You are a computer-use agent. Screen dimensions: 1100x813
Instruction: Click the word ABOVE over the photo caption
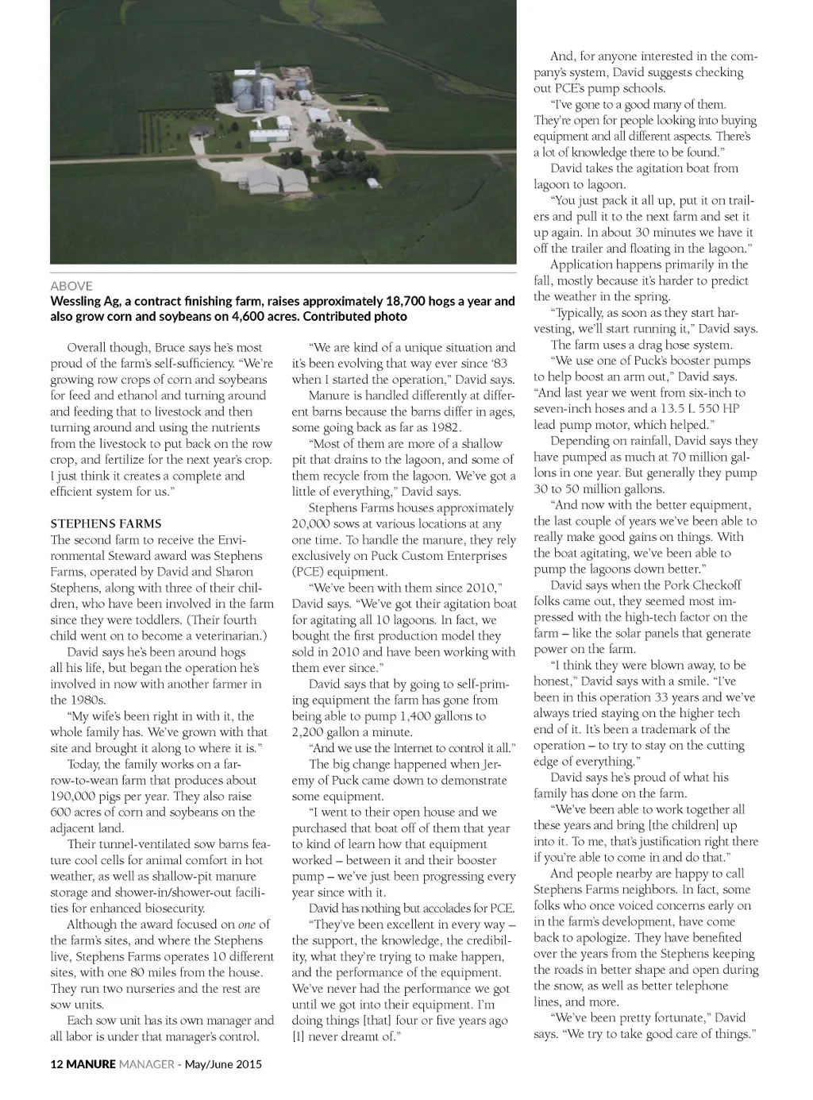click(71, 286)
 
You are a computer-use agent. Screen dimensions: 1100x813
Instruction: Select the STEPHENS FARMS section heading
click(106, 524)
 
